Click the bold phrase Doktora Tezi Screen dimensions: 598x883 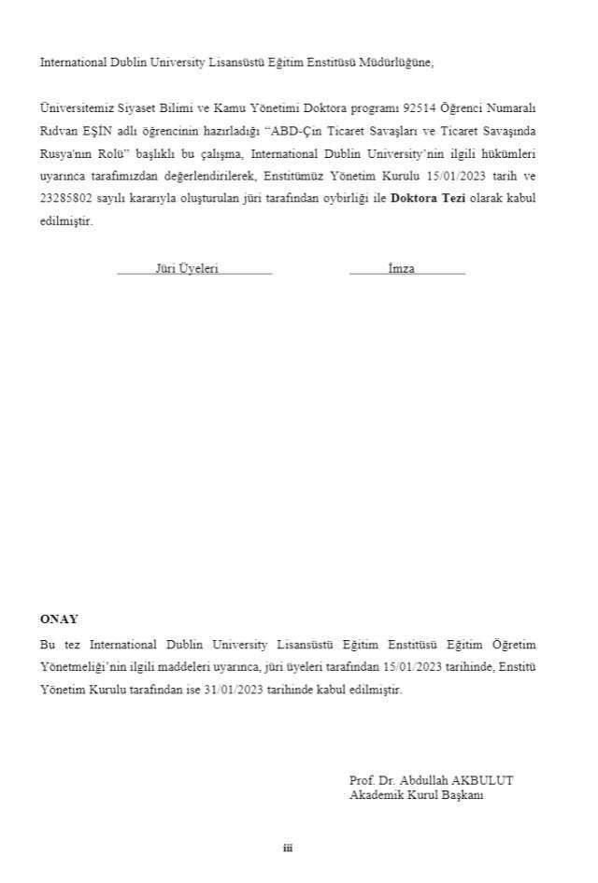(x=422, y=199)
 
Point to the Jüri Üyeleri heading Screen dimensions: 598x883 (x=187, y=268)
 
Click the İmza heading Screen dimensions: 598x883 (x=402, y=268)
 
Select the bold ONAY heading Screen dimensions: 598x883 (x=59, y=619)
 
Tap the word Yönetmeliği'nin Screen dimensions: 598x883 (x=84, y=666)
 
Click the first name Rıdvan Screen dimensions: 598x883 (x=55, y=131)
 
